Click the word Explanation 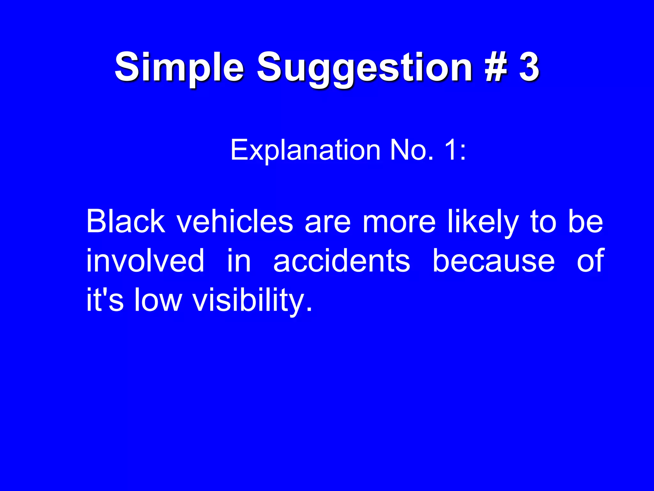pos(305,150)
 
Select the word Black pos(126,221)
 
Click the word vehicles pos(235,221)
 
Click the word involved pos(145,261)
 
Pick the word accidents pos(342,261)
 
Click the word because pos(493,261)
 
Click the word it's pos(105,300)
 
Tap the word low pos(157,300)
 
